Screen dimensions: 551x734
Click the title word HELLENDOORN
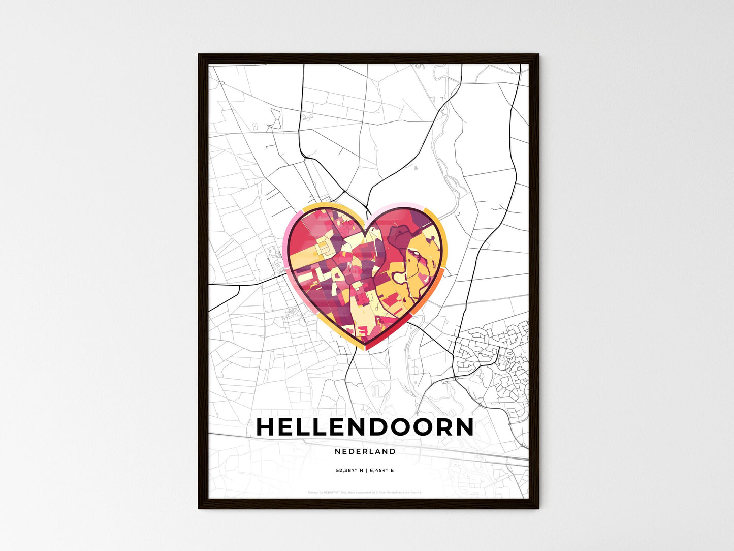point(365,427)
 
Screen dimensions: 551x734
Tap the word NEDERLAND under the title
point(365,451)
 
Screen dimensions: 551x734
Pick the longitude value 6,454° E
point(381,471)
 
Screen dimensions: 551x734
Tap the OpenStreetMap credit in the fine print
point(401,492)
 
